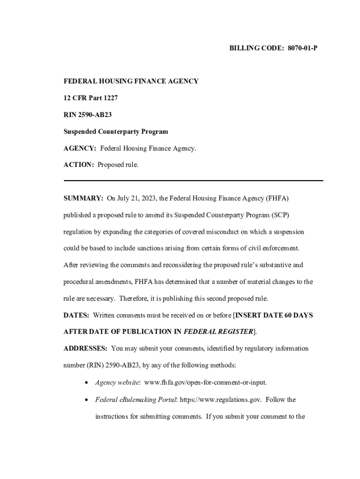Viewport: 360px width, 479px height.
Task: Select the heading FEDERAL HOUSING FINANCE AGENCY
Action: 131,81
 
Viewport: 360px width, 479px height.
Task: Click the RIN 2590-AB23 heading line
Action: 87,115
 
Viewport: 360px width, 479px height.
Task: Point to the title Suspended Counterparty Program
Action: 115,131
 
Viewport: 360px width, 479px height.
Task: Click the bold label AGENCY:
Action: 80,148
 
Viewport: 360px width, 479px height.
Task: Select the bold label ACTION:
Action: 79,165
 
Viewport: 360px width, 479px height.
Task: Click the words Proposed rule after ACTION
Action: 118,165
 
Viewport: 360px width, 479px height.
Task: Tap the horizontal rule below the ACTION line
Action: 193,180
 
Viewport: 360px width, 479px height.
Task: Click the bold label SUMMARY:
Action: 83,198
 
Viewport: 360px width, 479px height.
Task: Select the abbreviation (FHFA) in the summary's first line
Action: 277,198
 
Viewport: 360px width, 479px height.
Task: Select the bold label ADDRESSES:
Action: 86,348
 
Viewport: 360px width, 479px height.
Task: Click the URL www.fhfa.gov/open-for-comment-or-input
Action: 206,383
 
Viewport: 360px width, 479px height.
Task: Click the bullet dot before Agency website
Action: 87,383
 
